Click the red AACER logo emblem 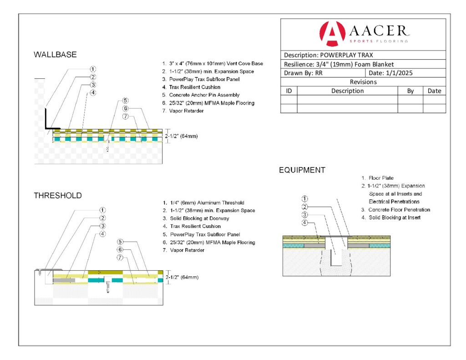pyautogui.click(x=332, y=34)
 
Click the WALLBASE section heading pyautogui.click(x=55, y=55)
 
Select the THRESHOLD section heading pyautogui.click(x=58, y=195)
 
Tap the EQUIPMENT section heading pyautogui.click(x=302, y=170)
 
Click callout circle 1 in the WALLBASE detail pyautogui.click(x=93, y=69)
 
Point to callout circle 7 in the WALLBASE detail pyautogui.click(x=126, y=116)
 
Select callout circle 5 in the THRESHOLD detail pyautogui.click(x=120, y=242)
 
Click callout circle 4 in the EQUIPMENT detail pyautogui.click(x=304, y=223)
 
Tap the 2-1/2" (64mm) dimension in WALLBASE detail pyautogui.click(x=181, y=136)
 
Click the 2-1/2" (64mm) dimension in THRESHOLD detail pyautogui.click(x=182, y=277)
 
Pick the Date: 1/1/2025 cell pyautogui.click(x=390, y=73)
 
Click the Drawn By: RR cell pyautogui.click(x=303, y=73)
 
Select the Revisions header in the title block pyautogui.click(x=363, y=82)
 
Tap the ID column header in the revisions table pyautogui.click(x=289, y=91)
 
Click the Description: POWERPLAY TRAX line pyautogui.click(x=329, y=55)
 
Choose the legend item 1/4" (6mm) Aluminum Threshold pyautogui.click(x=203, y=203)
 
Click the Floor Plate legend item pyautogui.click(x=377, y=178)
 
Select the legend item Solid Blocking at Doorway pyautogui.click(x=196, y=218)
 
